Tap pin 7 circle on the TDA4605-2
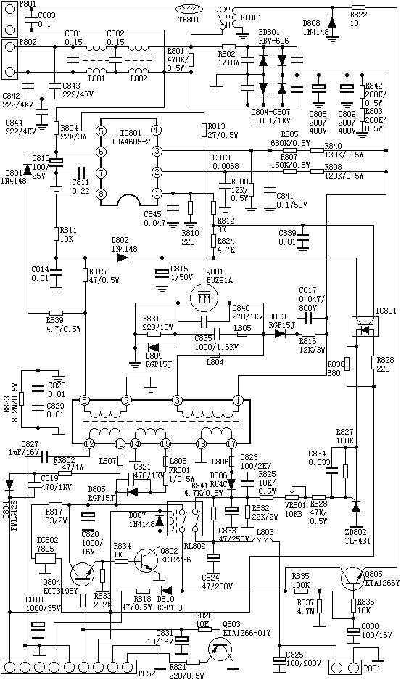[x=102, y=172]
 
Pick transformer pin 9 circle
[x=126, y=400]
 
